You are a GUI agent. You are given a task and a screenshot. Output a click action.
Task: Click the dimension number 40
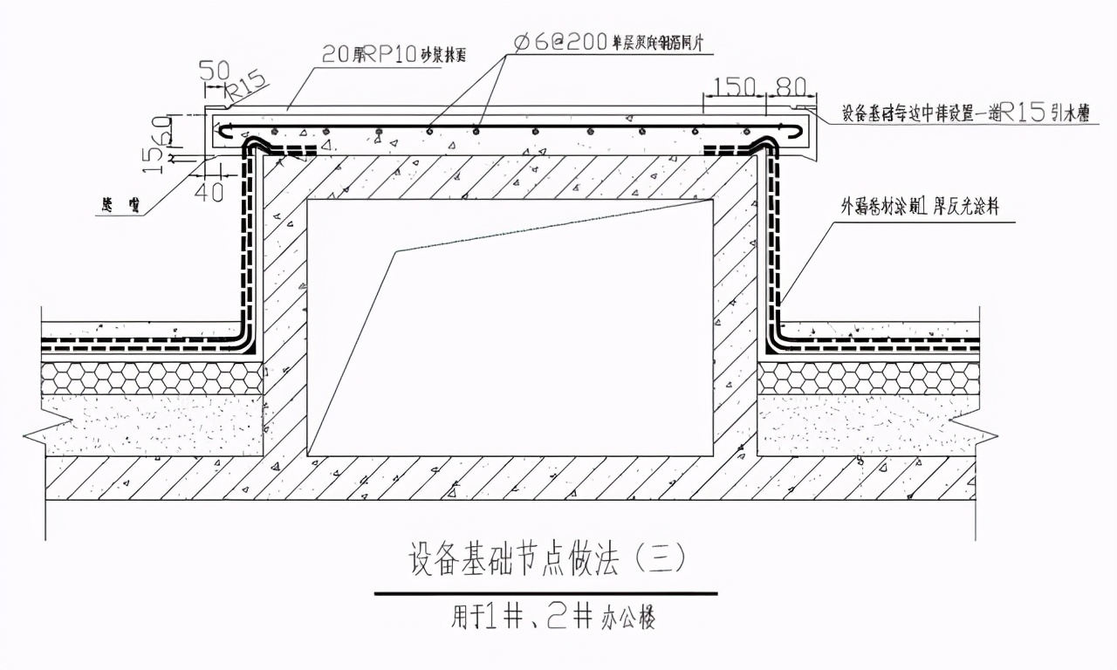tap(209, 191)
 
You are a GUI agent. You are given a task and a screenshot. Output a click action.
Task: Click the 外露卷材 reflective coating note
tap(929, 209)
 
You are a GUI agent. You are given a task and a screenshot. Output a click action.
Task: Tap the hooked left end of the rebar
tap(223, 131)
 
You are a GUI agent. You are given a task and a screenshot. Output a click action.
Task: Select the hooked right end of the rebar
tap(800, 131)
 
